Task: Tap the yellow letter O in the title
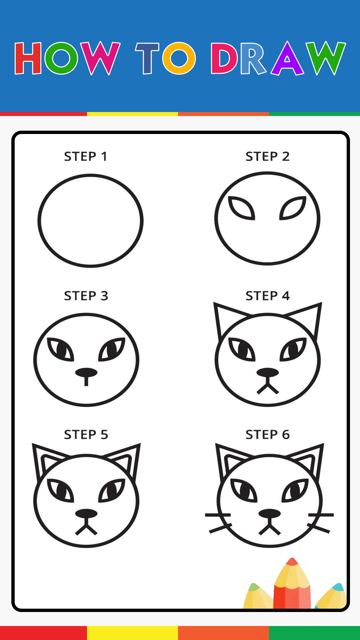pos(179,58)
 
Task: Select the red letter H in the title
pos(28,58)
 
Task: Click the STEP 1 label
pos(86,156)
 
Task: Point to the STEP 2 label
pos(267,156)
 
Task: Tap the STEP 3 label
pos(86,296)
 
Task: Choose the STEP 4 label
pos(268,296)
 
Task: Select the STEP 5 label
pos(86,435)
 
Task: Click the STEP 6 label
pos(268,435)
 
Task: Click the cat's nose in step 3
pos(86,373)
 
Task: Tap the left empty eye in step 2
pos(241,208)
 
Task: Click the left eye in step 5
pos(60,490)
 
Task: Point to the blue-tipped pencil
pos(331,597)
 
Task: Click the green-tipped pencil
pos(257,597)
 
